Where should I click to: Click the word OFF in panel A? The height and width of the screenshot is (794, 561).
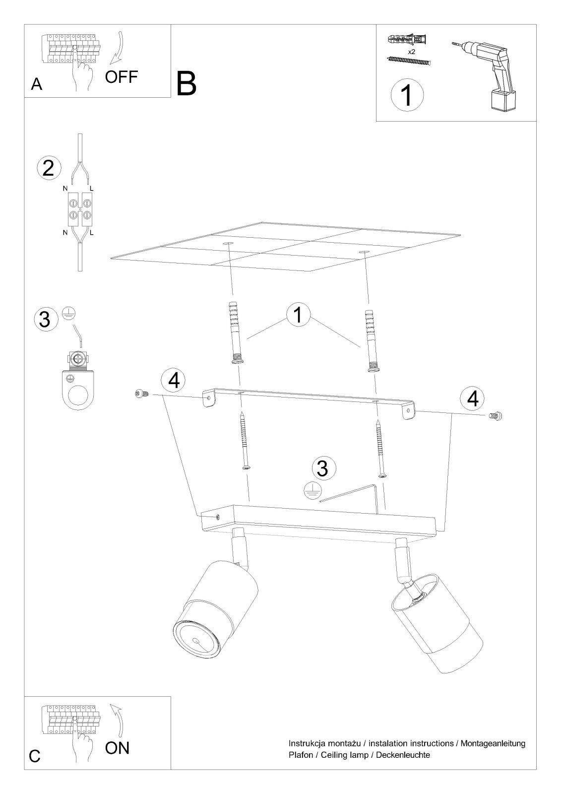point(121,77)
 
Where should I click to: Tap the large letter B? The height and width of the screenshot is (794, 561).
point(186,84)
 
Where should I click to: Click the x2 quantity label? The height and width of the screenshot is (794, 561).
point(411,52)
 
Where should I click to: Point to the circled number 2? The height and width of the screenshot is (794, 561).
point(48,168)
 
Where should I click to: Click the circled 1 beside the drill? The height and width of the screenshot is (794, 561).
point(407,95)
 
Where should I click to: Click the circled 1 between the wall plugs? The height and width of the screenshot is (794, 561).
point(299,315)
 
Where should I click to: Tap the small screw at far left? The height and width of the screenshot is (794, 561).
point(141,393)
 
